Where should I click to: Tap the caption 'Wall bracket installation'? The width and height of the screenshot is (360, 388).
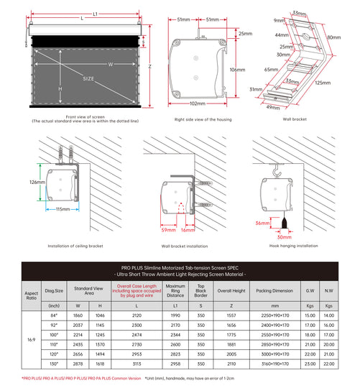(x=185, y=246)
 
